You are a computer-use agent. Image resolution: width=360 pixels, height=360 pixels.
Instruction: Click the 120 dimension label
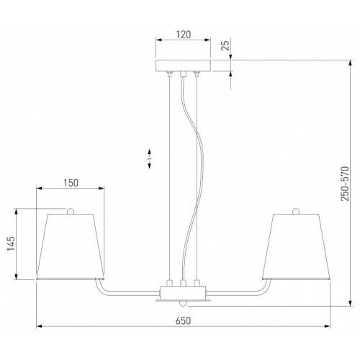184,35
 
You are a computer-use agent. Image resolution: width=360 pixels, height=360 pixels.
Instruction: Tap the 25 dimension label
225,45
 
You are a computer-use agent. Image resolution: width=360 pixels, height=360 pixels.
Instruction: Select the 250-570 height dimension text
345,184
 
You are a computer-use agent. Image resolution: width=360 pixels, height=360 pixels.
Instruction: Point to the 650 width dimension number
183,320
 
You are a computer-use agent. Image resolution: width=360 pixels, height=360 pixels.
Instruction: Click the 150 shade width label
71,183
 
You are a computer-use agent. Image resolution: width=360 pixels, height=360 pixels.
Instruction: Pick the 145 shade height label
11,243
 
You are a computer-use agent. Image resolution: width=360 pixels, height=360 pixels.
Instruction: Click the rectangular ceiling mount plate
184,66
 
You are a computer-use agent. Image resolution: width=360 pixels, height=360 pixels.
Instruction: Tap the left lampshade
71,247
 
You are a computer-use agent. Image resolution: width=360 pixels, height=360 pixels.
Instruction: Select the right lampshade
296,247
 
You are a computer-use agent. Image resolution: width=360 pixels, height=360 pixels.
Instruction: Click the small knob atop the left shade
70,211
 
